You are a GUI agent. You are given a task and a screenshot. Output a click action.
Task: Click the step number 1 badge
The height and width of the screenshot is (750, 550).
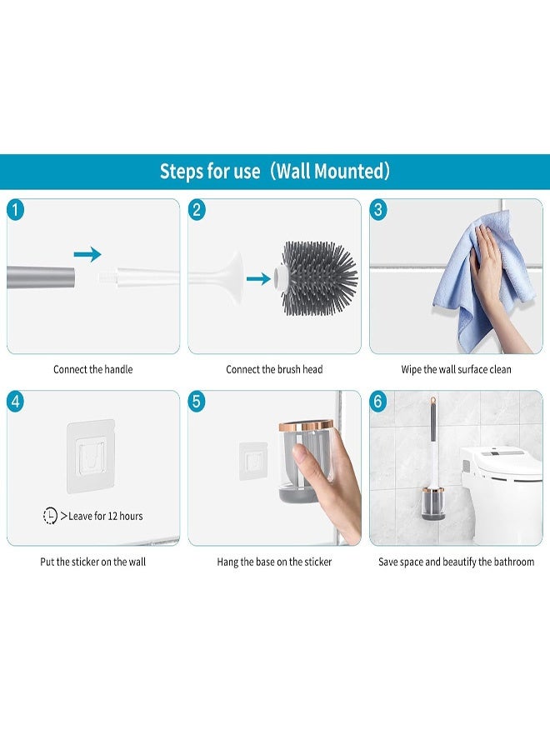tap(15, 210)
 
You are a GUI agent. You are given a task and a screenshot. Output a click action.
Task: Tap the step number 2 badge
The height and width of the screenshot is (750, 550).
tap(197, 210)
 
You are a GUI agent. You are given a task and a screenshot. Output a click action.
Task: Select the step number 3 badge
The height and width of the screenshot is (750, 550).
tap(377, 210)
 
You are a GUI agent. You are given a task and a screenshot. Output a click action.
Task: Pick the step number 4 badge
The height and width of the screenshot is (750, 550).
tap(15, 402)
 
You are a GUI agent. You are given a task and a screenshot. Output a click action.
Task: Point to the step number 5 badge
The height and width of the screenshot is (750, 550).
tap(197, 402)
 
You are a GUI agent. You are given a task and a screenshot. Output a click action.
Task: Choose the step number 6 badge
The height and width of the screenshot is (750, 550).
tap(377, 402)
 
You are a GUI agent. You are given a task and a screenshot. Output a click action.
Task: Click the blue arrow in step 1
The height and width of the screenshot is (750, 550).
tap(87, 254)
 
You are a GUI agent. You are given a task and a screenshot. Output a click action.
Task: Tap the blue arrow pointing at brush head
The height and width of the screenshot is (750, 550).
tap(258, 278)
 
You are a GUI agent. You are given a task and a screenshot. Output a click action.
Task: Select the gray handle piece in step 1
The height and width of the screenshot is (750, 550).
tap(41, 277)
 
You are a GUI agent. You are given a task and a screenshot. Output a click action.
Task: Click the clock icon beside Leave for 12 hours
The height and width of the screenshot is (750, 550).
tap(50, 516)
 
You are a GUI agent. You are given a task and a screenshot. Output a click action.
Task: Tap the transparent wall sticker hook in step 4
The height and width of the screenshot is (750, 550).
tap(91, 457)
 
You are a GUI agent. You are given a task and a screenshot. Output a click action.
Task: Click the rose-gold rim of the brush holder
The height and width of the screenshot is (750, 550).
tap(306, 425)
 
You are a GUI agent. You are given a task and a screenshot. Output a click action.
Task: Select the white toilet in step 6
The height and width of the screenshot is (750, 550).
tap(501, 495)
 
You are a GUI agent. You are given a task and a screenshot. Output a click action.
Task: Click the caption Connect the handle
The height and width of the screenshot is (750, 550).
tap(92, 369)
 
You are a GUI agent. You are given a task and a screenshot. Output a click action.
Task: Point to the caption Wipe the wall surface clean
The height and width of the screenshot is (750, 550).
tap(457, 369)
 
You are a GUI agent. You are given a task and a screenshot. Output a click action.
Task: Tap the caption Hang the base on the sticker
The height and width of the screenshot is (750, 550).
tap(274, 562)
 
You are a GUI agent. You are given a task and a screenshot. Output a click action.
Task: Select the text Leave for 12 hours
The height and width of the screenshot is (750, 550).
tap(106, 516)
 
